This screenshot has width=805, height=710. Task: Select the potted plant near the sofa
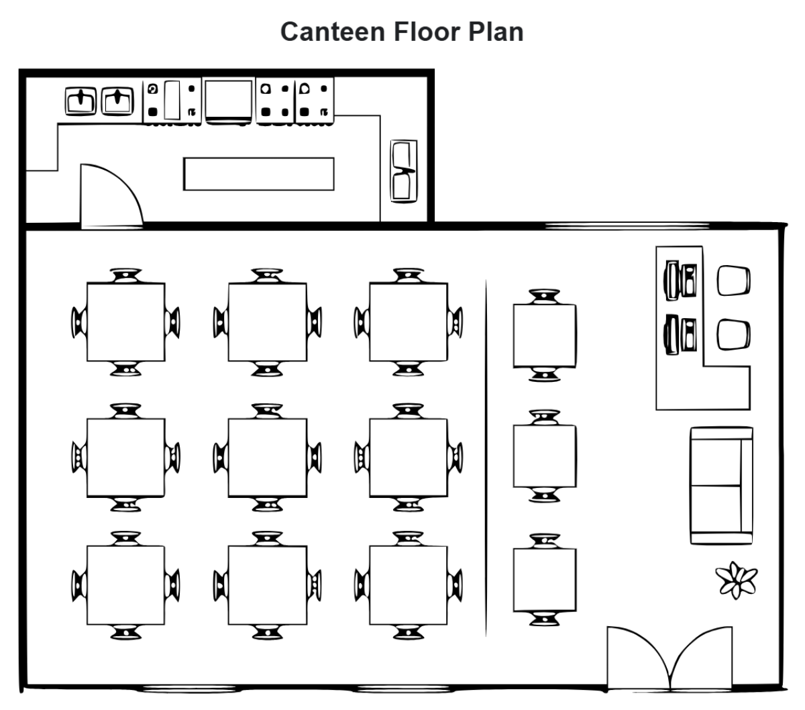736,580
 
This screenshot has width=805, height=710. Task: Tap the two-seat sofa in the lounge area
721,485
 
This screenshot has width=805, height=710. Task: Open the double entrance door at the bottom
669,658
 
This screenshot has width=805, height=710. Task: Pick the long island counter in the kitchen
258,174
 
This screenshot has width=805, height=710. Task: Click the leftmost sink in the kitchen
81,101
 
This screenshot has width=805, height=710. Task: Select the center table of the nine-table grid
267,457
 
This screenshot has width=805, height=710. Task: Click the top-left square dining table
125,322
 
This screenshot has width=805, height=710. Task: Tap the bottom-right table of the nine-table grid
408,585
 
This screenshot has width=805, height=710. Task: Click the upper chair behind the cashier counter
734,281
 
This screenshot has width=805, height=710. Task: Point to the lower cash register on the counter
680,334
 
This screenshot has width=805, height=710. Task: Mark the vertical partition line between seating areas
486,456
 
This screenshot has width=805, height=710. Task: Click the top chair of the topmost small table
545,296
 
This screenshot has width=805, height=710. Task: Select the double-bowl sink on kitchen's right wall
404,170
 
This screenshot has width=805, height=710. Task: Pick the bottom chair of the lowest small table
545,619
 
